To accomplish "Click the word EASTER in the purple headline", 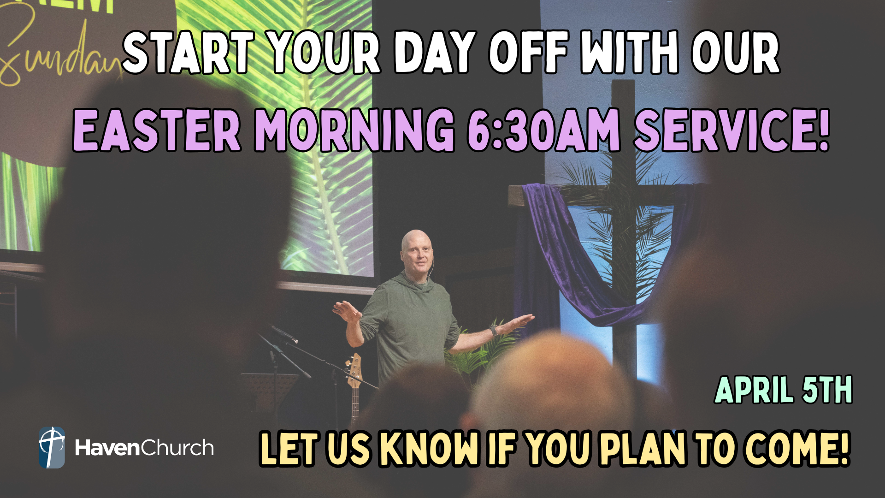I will pos(157,130).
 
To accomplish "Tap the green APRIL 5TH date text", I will pos(783,390).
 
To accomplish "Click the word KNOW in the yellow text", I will pos(429,448).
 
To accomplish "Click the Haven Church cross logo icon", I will pos(52,447).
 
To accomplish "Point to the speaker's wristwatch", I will pos(494,330).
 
